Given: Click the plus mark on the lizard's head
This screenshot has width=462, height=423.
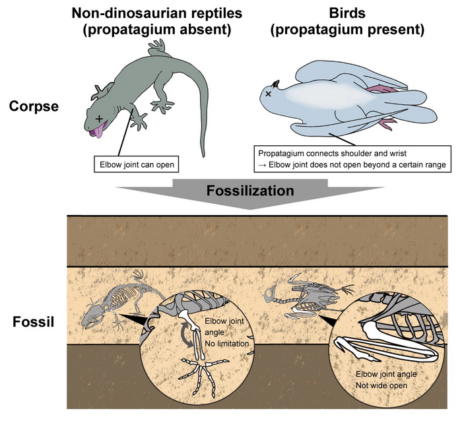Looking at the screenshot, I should pyautogui.click(x=99, y=118).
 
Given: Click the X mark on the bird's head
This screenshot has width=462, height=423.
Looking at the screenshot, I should pyautogui.click(x=268, y=94).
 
